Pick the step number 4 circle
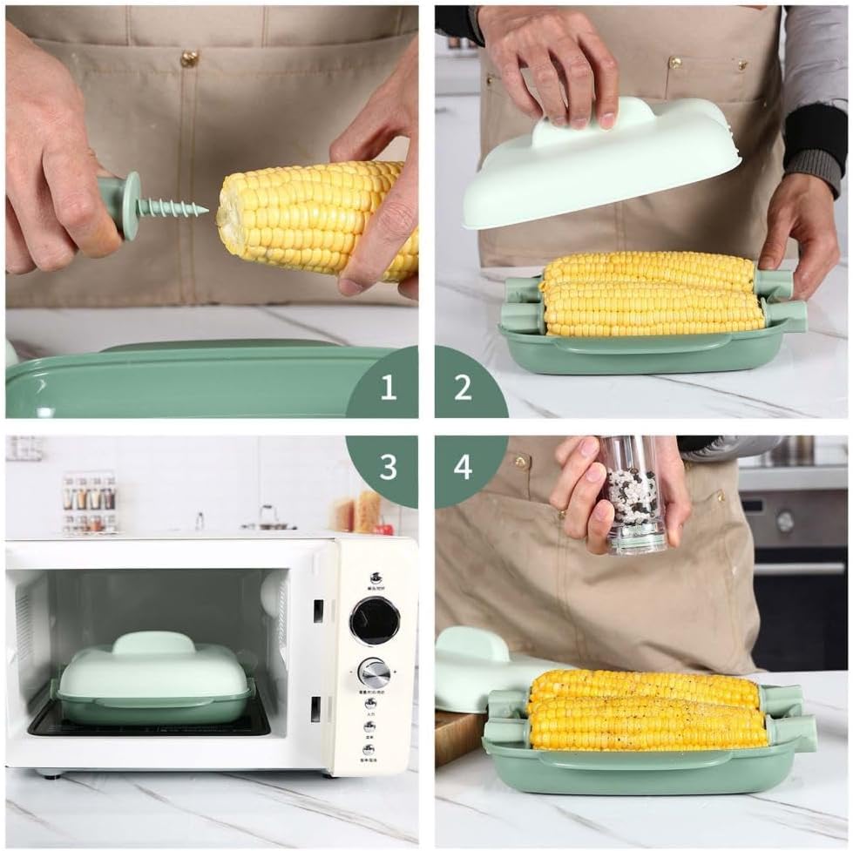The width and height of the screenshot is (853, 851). tap(464, 467)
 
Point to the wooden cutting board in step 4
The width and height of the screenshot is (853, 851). tap(457, 737)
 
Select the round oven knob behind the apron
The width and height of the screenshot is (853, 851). tap(785, 521)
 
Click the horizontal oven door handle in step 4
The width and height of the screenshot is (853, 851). tap(800, 568)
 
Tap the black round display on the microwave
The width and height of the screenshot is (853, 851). tap(375, 621)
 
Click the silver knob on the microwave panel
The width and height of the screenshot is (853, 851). tap(374, 672)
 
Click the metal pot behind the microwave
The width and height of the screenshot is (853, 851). tap(267, 520)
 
